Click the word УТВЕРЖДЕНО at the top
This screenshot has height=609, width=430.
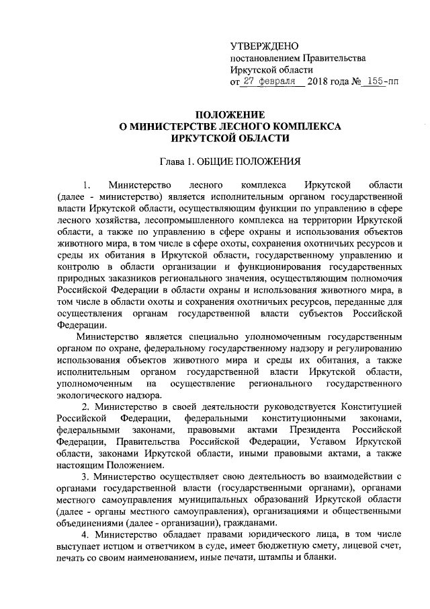pos(263,46)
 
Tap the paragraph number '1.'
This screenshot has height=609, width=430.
pos(85,184)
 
